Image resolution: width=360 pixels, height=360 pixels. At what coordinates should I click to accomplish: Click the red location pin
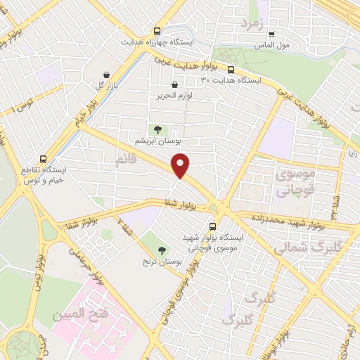click(181, 167)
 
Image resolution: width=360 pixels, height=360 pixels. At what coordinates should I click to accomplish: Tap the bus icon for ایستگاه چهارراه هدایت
click(157, 31)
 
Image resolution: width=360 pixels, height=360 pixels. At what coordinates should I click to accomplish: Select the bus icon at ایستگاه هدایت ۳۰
click(231, 69)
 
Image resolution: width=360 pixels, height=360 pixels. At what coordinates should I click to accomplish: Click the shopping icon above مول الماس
click(271, 33)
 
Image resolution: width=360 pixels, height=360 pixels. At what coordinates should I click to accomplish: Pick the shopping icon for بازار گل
click(105, 74)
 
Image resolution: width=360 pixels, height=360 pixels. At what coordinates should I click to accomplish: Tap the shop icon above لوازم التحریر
click(155, 86)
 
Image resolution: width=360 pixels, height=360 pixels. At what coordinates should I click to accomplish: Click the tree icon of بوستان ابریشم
click(157, 129)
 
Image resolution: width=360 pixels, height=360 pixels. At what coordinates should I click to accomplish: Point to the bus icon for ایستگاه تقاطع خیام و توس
click(44, 160)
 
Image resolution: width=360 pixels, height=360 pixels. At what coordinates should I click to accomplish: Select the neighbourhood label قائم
click(127, 162)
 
